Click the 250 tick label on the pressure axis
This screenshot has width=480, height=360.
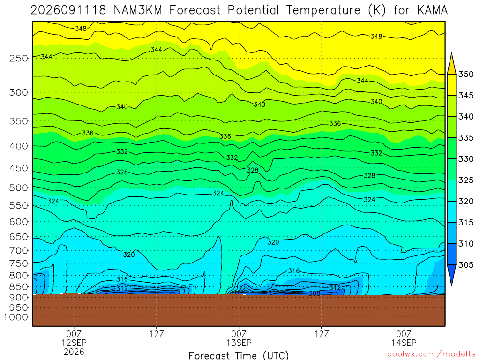(19, 58)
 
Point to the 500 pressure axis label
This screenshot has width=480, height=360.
(19, 187)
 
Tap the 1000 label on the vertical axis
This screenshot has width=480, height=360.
(16, 317)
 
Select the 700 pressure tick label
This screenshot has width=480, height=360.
(19, 251)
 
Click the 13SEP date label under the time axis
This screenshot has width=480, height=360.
(239, 343)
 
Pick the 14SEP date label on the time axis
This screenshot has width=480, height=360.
(404, 343)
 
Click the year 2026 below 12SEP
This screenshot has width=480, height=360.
(74, 352)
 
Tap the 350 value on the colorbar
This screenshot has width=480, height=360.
(466, 75)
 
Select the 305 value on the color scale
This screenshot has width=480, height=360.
(466, 265)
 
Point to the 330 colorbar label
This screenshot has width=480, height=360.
(466, 159)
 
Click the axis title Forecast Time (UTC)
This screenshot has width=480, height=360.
(239, 355)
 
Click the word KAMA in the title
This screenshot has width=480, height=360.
(432, 10)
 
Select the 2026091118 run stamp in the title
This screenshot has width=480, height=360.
(68, 10)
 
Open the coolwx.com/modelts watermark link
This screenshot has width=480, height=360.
(431, 354)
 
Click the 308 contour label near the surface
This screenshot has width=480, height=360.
(315, 293)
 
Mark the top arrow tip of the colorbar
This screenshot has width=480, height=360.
(452, 53)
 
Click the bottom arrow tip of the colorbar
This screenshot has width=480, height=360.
(452, 285)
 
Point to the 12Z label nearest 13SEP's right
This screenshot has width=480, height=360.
(322, 334)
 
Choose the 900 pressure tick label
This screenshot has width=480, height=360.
(19, 297)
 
